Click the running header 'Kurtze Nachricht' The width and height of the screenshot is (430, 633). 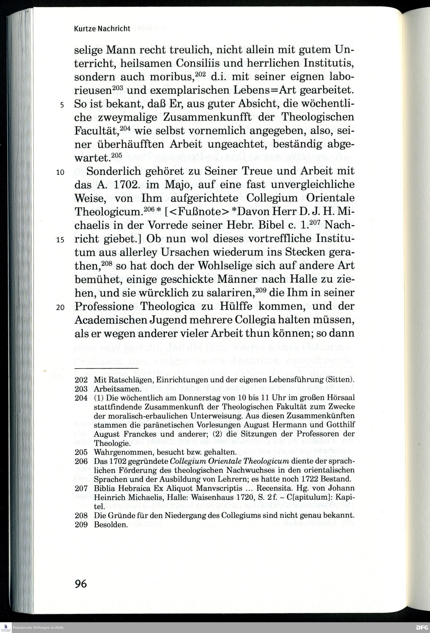point(102,29)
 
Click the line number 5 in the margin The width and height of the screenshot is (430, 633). point(62,105)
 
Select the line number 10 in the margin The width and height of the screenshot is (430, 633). point(60,172)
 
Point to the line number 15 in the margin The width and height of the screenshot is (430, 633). point(60,240)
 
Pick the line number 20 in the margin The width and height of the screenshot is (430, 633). point(60,307)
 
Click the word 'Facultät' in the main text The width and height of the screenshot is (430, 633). point(96,131)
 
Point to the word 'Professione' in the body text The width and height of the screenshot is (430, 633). point(104,307)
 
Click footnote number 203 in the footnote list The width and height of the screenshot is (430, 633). point(81,389)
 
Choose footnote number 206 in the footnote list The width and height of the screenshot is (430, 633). point(81,461)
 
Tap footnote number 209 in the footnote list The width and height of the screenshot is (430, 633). point(81,525)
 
